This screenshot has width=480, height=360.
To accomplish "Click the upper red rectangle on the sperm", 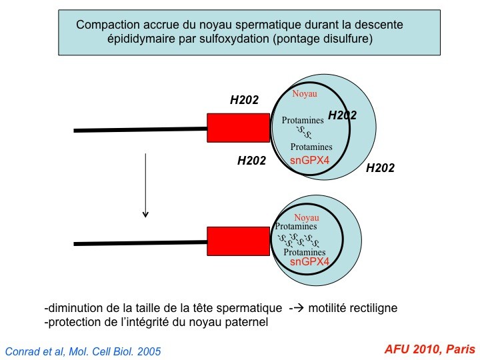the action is click(238, 127).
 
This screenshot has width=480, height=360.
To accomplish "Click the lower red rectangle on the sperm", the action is click(238, 241).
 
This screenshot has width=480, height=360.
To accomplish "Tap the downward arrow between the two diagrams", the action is click(145, 185).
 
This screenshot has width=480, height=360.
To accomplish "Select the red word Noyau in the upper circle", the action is click(305, 93).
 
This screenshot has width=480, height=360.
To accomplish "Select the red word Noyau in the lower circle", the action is click(307, 217).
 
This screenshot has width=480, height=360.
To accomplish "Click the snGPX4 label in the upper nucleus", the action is click(309, 160).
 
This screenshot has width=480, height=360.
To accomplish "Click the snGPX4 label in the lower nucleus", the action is click(309, 261).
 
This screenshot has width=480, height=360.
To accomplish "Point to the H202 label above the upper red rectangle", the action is click(244, 100).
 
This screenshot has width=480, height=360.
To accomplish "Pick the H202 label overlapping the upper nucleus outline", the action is click(342, 115).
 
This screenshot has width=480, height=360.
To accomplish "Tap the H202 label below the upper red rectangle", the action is click(251, 161).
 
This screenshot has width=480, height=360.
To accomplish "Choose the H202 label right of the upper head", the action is click(380, 168).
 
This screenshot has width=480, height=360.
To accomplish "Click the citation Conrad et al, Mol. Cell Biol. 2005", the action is click(83, 351).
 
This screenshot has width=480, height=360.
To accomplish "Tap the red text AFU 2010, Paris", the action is click(429, 349).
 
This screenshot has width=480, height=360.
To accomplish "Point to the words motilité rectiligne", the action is click(353, 307).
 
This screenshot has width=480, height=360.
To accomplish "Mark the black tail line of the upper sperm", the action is click(140, 130).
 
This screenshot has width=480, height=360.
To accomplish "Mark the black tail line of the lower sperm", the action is click(140, 243).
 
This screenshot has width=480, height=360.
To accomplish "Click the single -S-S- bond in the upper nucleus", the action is click(304, 133).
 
